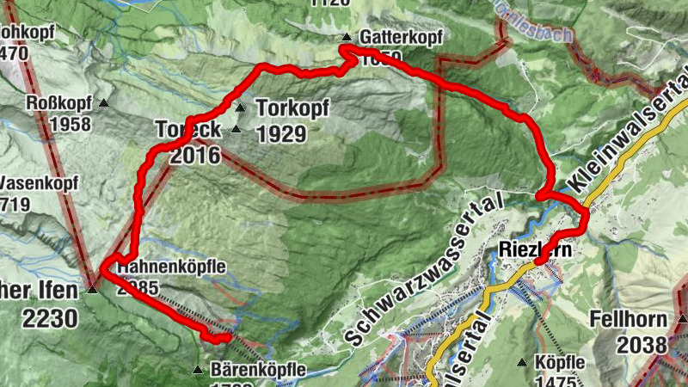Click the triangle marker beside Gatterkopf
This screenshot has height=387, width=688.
346,37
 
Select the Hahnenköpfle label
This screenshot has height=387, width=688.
173,267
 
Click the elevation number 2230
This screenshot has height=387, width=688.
50,320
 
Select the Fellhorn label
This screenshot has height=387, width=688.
629,320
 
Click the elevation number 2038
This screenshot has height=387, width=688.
642,344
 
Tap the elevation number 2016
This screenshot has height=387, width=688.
195,156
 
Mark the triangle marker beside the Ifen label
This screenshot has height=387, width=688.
92,289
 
